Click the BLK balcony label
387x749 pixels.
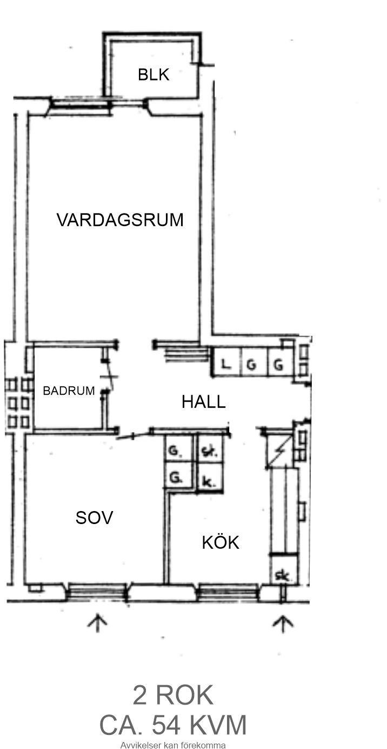click(154, 74)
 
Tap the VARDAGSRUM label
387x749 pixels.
click(120, 220)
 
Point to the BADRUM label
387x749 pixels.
click(69, 390)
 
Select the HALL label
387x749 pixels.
click(203, 401)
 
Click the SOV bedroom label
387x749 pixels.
click(94, 518)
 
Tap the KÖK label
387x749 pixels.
click(221, 542)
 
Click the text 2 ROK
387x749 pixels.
click(173, 695)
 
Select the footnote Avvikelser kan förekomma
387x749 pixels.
click(173, 745)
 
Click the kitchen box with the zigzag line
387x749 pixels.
click(280, 452)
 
